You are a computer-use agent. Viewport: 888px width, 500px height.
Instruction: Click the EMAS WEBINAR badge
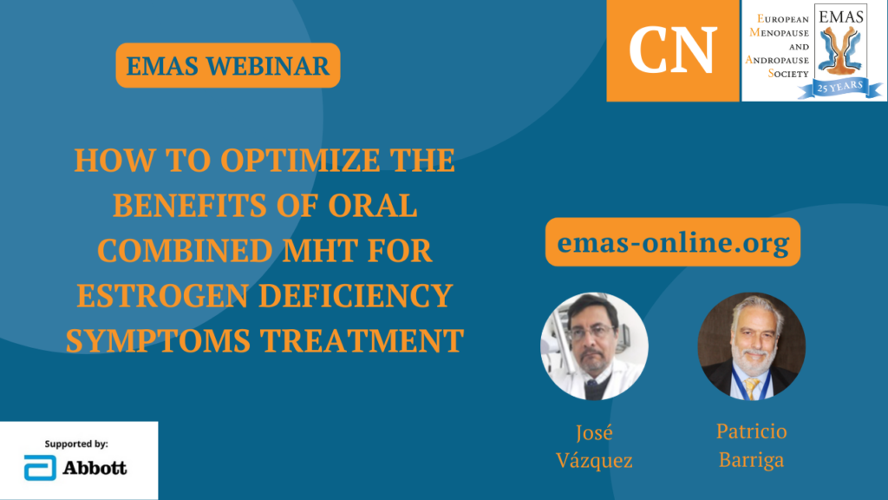point(227,65)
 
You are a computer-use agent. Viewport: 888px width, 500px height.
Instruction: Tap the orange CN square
point(673,50)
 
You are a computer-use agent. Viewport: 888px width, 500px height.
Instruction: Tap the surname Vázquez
point(594,460)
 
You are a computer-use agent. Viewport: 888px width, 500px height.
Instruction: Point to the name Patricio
point(751,432)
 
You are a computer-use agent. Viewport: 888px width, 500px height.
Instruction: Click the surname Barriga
point(751,460)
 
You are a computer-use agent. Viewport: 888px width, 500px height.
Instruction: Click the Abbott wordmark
point(95,468)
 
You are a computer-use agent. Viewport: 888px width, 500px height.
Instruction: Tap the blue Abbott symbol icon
point(38,468)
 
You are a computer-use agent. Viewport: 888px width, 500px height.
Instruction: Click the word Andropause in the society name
point(778,60)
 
